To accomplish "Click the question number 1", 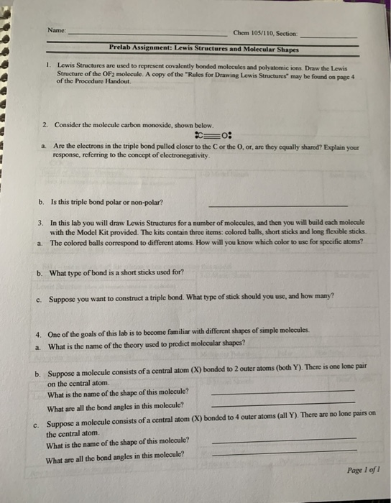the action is tap(46, 65).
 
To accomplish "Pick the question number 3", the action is tap(40, 223).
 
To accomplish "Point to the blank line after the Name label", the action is tap(147, 34).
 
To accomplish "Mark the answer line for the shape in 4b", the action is tap(283, 394).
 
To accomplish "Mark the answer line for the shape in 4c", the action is tap(285, 439).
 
